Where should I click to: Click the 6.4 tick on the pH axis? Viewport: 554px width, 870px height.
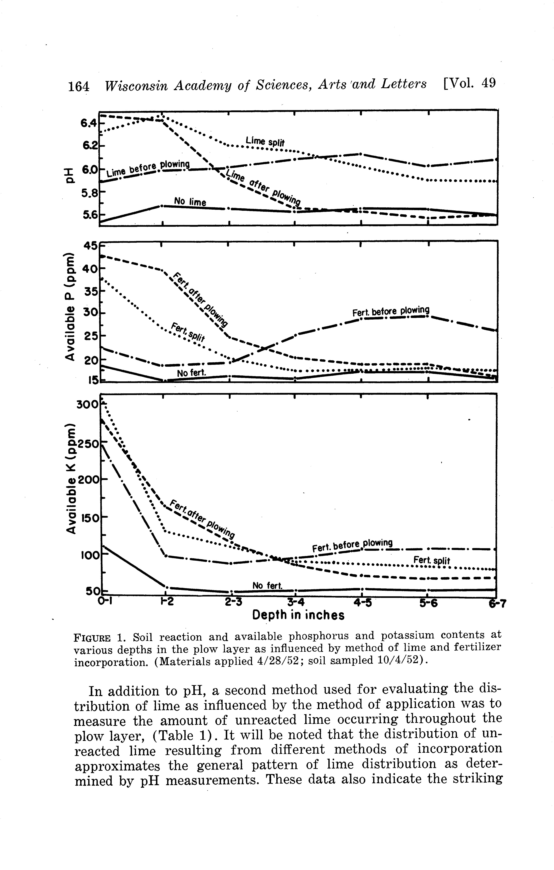pyautogui.click(x=89, y=124)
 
